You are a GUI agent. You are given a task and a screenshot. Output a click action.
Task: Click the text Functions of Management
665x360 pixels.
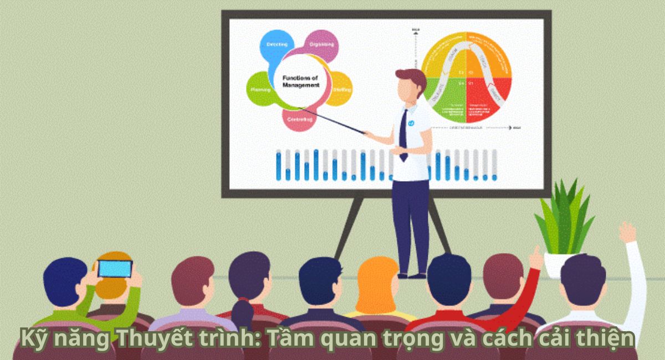point(300,82)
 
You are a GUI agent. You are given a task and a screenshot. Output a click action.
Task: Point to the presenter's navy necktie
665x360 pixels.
point(403,136)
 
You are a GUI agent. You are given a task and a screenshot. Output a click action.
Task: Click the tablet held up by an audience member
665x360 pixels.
point(115,269)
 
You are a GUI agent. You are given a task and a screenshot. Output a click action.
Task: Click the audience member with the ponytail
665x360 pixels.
point(249,282)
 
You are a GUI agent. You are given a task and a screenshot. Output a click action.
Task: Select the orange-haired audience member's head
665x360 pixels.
point(377,282)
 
